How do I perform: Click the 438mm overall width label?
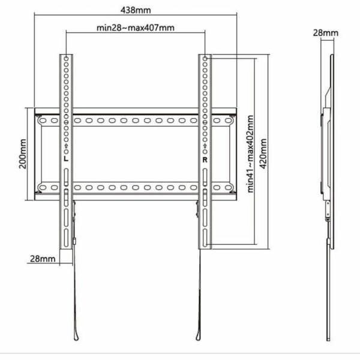[135, 10]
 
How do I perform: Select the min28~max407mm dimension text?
[136, 28]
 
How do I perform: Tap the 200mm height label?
[22, 155]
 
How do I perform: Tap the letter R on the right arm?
[205, 160]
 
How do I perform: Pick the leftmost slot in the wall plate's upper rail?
[41, 121]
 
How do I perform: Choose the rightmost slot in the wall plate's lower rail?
[229, 188]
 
